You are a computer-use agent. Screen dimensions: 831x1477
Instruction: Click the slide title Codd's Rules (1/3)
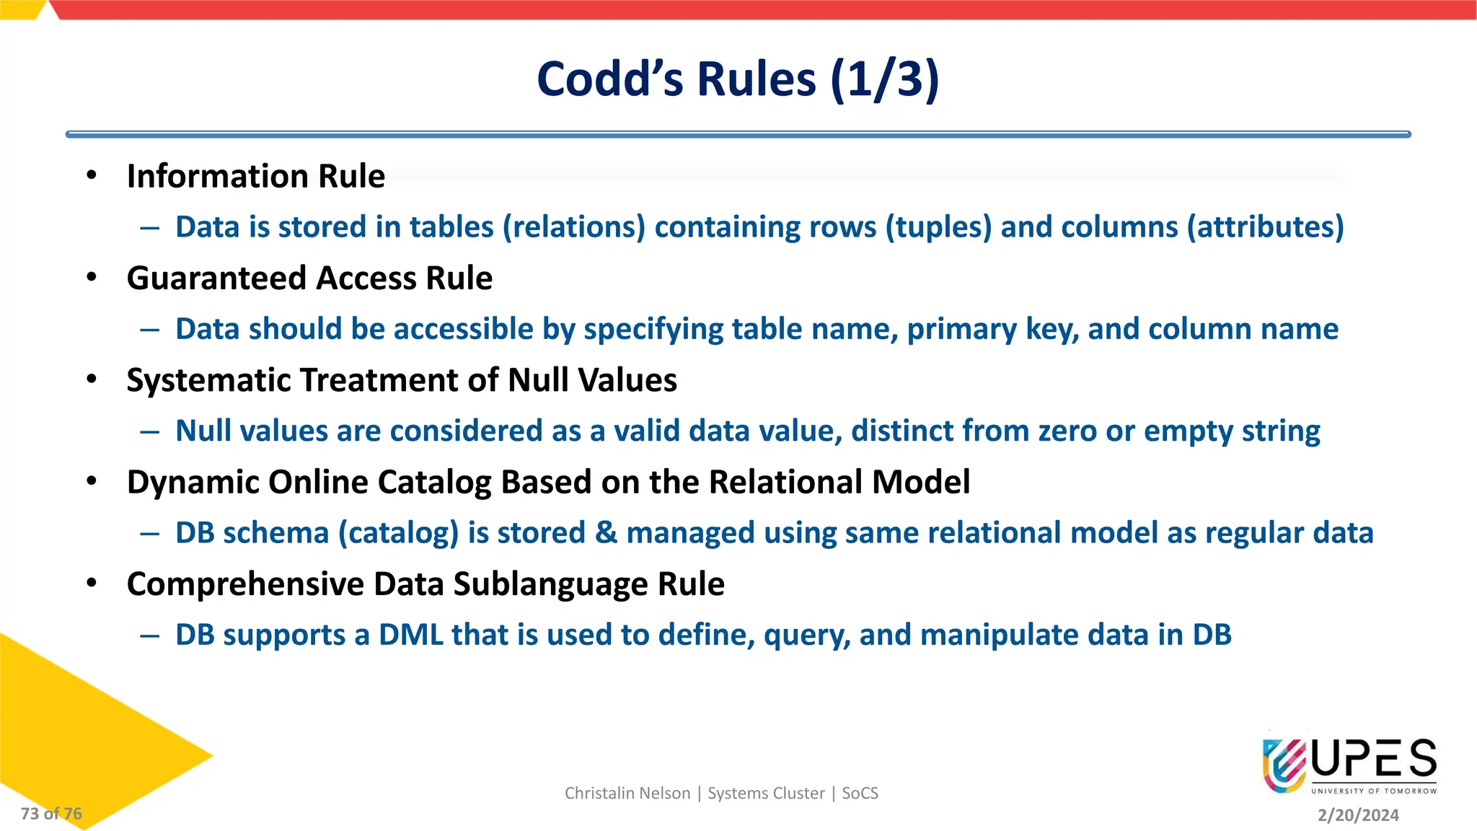[x=738, y=79]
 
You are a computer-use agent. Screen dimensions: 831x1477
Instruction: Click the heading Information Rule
[x=256, y=177]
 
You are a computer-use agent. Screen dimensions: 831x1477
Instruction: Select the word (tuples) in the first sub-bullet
[x=938, y=227]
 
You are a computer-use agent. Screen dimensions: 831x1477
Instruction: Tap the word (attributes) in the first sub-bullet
[x=1265, y=227]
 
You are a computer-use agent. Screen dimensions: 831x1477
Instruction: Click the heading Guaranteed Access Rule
[x=309, y=278]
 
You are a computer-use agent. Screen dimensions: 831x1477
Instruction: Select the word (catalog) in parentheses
[x=399, y=533]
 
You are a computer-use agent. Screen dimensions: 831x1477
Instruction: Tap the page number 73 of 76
[x=51, y=814]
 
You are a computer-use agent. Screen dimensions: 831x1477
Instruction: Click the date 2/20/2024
[x=1358, y=815]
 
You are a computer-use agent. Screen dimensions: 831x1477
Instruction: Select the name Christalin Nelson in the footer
[x=627, y=793]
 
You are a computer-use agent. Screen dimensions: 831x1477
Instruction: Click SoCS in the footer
[x=860, y=793]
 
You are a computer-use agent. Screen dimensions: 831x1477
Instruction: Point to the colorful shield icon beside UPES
[x=1284, y=765]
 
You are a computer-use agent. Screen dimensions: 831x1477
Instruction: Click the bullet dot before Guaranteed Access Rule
[x=92, y=277]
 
